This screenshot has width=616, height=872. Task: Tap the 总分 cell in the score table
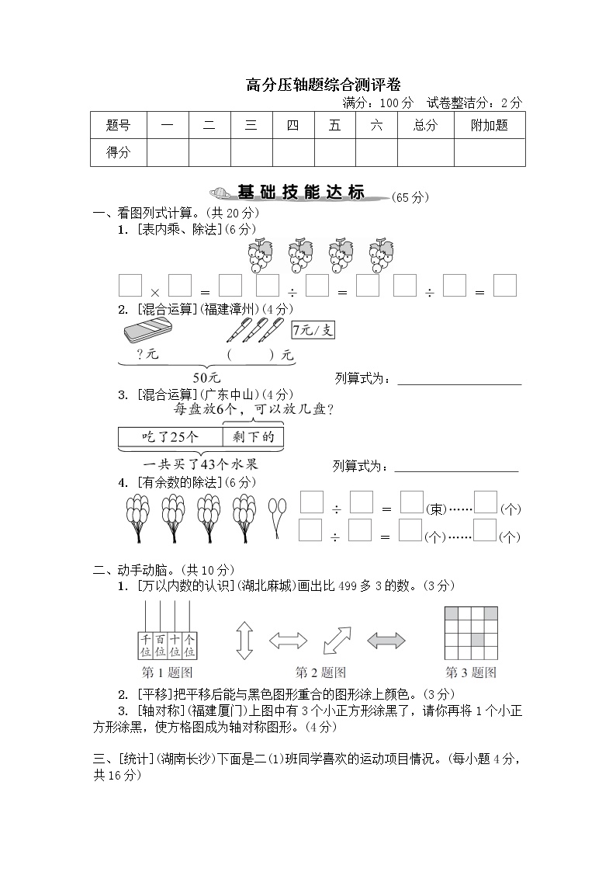point(425,126)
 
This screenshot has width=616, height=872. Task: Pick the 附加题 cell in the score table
point(489,126)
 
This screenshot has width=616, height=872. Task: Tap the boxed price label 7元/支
point(313,330)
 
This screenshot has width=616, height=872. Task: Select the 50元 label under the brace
point(206,377)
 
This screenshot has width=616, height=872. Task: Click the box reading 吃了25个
point(171,437)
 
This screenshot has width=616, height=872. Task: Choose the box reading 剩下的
point(253,437)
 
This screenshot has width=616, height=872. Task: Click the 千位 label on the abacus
point(145,644)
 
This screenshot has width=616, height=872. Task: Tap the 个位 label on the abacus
point(189,644)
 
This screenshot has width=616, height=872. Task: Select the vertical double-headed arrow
point(245,641)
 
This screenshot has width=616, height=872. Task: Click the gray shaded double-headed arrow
point(386,641)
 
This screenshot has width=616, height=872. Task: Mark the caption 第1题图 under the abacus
point(167,672)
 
